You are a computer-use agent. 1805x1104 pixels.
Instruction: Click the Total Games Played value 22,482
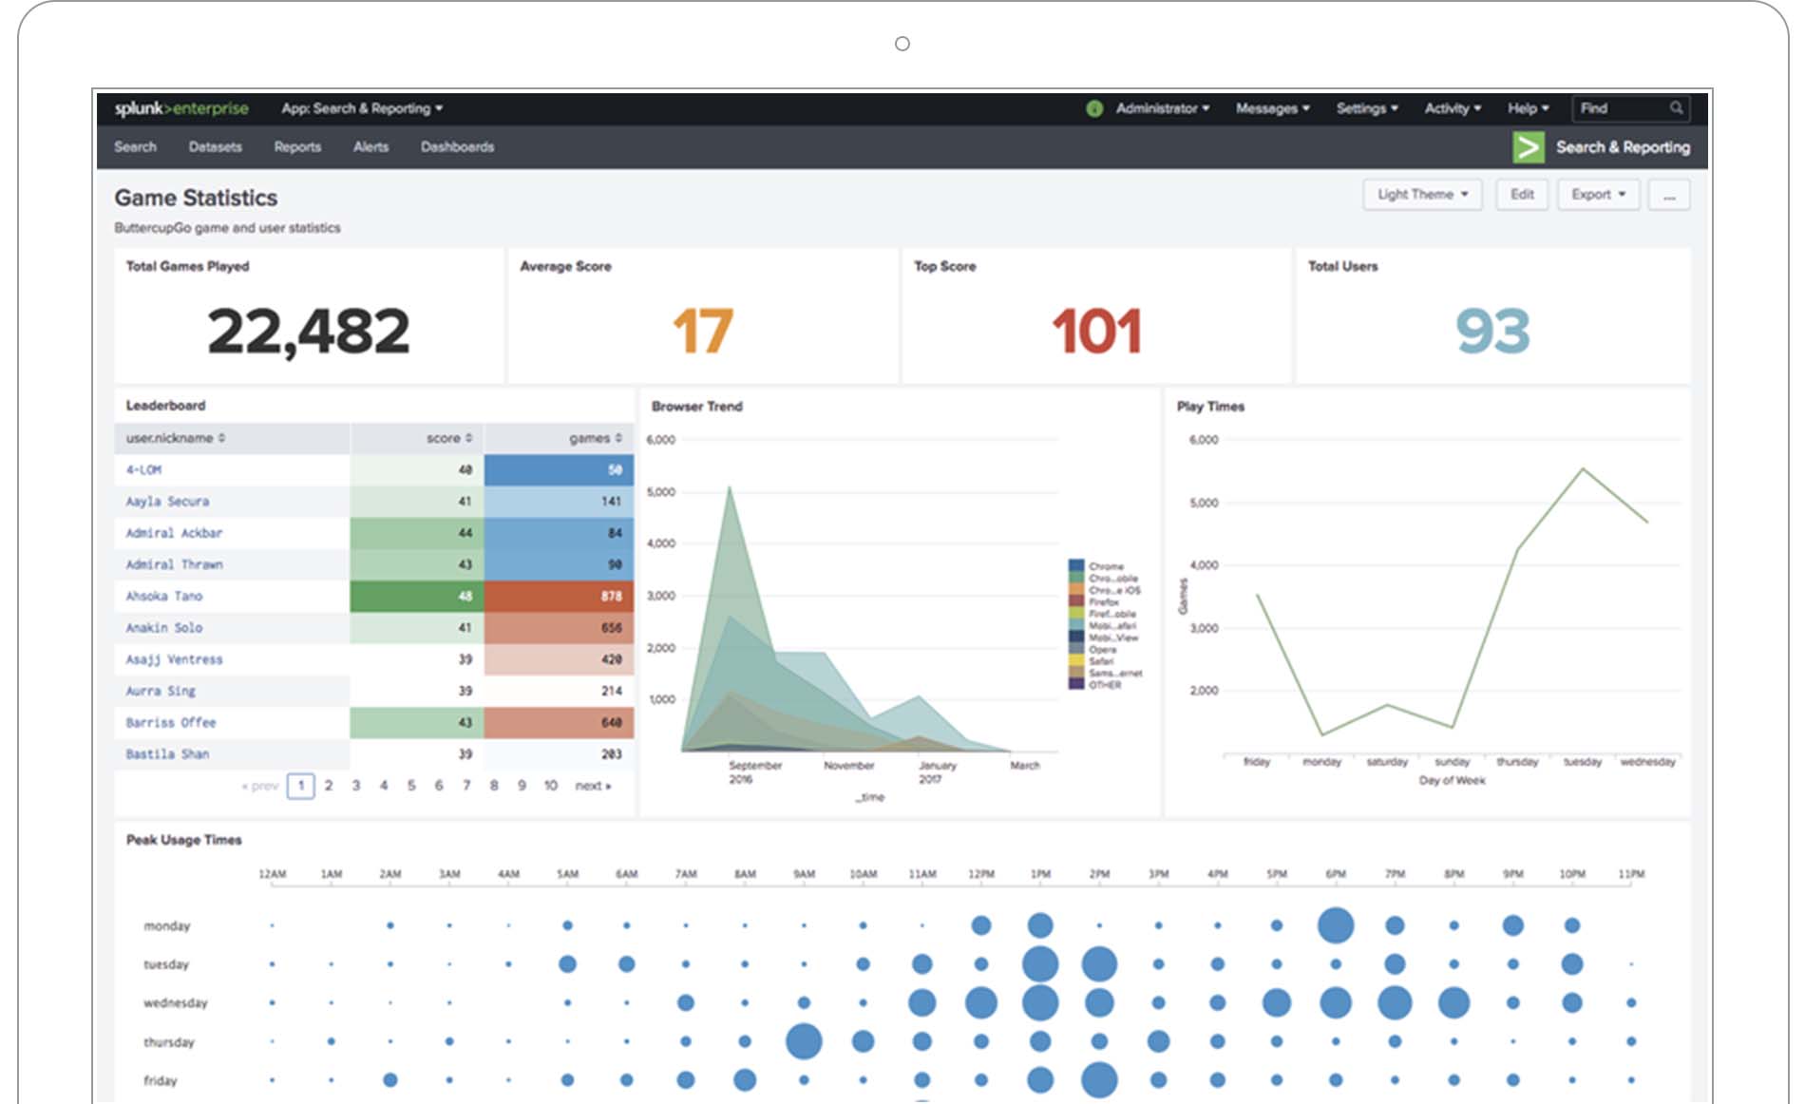pyautogui.click(x=309, y=332)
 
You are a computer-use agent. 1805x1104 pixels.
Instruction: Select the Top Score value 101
pyautogui.click(x=1096, y=332)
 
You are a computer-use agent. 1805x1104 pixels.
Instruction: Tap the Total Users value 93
pyautogui.click(x=1492, y=332)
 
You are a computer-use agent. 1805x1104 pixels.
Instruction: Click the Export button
pyautogui.click(x=1598, y=195)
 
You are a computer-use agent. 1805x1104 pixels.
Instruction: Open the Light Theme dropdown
pyautogui.click(x=1422, y=195)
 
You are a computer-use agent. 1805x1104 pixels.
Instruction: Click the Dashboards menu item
pyautogui.click(x=457, y=147)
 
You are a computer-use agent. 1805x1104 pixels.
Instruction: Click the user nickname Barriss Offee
pyautogui.click(x=171, y=723)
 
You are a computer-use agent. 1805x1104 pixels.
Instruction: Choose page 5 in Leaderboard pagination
pyautogui.click(x=411, y=786)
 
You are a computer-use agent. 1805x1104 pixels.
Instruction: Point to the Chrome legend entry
pyautogui.click(x=1105, y=566)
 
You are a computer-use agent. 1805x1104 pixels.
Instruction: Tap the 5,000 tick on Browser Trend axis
pyautogui.click(x=660, y=492)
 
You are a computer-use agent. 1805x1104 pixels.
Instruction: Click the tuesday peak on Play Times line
pyautogui.click(x=1583, y=468)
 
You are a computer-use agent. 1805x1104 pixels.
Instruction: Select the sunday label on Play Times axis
pyautogui.click(x=1452, y=762)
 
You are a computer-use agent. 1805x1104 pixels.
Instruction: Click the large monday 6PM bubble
pyautogui.click(x=1336, y=925)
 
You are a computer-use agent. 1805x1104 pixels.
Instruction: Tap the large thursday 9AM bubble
pyautogui.click(x=804, y=1041)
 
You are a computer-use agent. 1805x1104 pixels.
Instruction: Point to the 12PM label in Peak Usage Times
pyautogui.click(x=981, y=874)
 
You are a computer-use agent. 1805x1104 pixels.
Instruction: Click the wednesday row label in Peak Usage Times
pyautogui.click(x=175, y=1003)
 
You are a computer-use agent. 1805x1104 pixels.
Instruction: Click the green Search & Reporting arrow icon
pyautogui.click(x=1528, y=147)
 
